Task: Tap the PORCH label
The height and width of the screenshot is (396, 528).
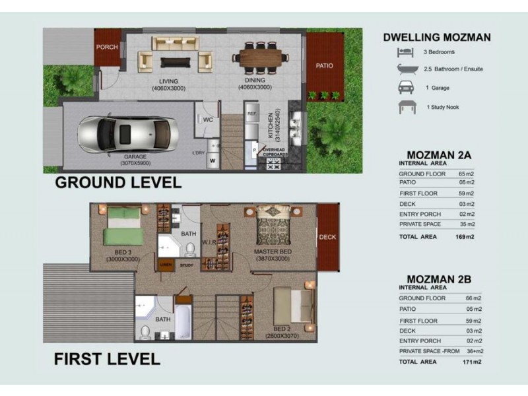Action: click(106, 48)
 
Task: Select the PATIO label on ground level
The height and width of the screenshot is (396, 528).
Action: click(324, 66)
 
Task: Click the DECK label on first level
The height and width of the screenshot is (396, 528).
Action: click(327, 237)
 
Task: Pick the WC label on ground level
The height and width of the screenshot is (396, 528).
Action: click(207, 120)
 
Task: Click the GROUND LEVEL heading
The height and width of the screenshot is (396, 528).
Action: click(117, 183)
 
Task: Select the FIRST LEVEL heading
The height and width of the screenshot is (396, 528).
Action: click(107, 360)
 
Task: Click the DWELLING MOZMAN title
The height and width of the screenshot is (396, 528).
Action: click(437, 38)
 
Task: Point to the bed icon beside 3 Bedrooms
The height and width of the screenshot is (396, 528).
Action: click(404, 52)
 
